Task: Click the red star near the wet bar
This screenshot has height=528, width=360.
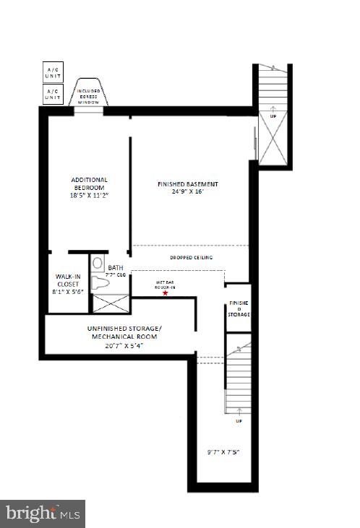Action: coord(166,293)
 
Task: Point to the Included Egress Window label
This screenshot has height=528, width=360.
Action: coord(90,95)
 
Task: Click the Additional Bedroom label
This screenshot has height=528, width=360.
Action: coord(89,183)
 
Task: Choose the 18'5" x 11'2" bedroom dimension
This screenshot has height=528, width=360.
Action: coord(89,195)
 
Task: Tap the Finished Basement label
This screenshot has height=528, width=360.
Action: coord(187,184)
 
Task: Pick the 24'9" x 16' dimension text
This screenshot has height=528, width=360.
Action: coord(187,192)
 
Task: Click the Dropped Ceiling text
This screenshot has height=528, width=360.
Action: coord(191,258)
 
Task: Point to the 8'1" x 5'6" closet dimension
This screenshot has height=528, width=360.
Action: coord(68,291)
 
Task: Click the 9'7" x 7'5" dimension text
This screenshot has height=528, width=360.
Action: coord(223,453)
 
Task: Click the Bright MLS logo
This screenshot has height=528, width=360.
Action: coord(43,514)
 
